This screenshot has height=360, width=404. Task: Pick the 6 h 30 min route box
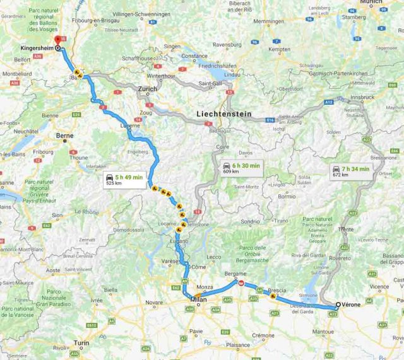click(241, 168)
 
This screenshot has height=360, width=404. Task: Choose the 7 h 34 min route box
click(352, 171)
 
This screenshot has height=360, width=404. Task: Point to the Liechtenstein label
click(223, 114)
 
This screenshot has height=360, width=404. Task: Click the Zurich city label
click(147, 90)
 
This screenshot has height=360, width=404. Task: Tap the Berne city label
click(64, 136)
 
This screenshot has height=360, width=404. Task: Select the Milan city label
click(198, 308)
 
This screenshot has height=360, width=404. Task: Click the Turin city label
click(81, 343)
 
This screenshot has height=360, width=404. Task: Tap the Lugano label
click(179, 242)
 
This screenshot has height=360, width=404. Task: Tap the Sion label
click(57, 215)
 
